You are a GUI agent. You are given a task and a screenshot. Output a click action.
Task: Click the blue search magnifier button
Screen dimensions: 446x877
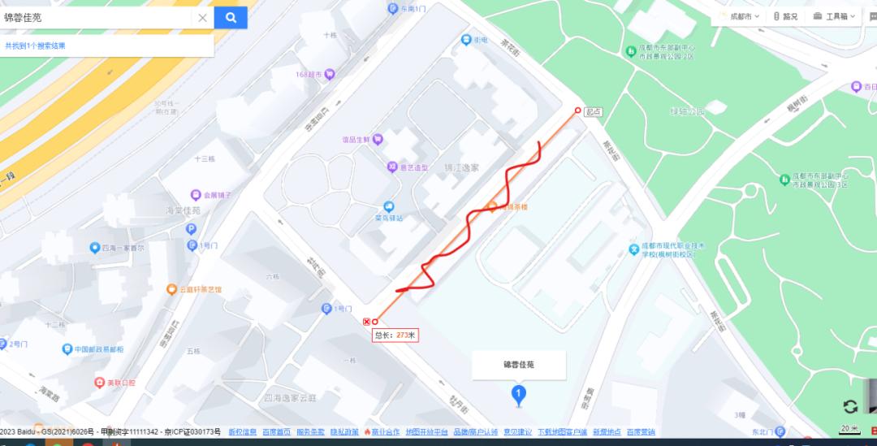coord(231,17)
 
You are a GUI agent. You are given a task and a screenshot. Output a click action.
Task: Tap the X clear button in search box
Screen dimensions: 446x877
coord(203,18)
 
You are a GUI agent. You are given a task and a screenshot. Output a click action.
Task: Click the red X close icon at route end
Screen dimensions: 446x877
coord(366,322)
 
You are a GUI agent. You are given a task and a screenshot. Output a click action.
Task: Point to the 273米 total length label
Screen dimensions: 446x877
coord(395,335)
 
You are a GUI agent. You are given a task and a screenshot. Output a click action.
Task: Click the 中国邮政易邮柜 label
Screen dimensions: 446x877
coord(99,349)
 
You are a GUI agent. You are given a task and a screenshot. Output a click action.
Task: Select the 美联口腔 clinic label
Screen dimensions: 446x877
coord(121,382)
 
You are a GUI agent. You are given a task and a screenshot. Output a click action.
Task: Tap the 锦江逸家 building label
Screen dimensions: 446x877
coord(462,167)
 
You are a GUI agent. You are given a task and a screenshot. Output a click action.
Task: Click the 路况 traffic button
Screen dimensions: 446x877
coord(785,16)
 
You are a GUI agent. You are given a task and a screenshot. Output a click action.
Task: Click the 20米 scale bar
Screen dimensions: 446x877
coord(849,429)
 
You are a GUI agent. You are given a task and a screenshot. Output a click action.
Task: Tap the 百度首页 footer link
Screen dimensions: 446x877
coord(277,431)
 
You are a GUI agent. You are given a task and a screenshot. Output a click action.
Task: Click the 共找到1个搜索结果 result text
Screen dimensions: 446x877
coord(35,45)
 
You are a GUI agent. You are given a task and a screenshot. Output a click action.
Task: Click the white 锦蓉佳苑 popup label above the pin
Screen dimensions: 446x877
coord(519,365)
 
